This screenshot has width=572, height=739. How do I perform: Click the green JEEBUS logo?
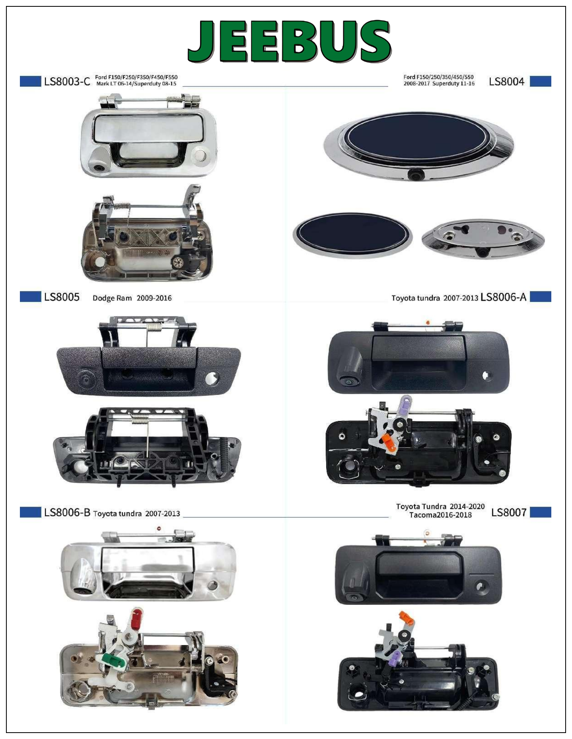pyautogui.click(x=290, y=41)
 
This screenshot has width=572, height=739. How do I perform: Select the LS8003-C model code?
pyautogui.click(x=67, y=82)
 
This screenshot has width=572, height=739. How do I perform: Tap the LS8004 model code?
pyautogui.click(x=506, y=82)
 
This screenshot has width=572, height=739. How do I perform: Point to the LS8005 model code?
pyautogui.click(x=62, y=297)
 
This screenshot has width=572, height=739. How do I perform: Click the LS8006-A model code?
pyautogui.click(x=503, y=297)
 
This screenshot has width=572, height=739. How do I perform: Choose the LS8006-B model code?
pyautogui.click(x=67, y=512)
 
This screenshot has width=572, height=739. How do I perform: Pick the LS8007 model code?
pyautogui.click(x=509, y=512)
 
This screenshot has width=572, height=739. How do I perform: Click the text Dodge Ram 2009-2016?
pyautogui.click(x=132, y=298)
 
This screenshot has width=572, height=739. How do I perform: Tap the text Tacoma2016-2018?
pyautogui.click(x=440, y=515)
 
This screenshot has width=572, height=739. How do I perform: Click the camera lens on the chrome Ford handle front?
pyautogui.click(x=97, y=168)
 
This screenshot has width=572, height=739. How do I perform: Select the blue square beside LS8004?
pyautogui.click(x=541, y=82)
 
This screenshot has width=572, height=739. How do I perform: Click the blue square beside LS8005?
pyautogui.click(x=30, y=297)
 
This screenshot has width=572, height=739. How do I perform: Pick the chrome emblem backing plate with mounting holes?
pyautogui.click(x=483, y=238)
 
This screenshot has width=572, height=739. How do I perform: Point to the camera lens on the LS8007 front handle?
pyautogui.click(x=352, y=597)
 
